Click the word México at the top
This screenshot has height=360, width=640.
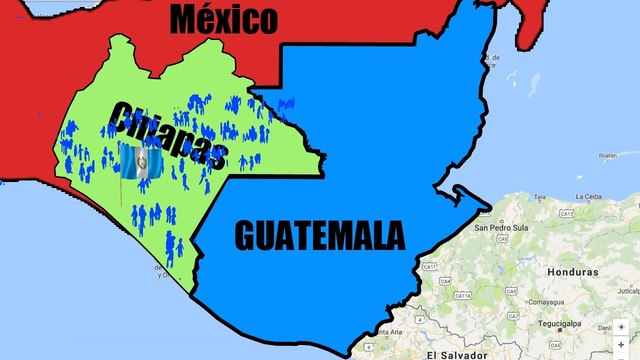[x=222, y=17]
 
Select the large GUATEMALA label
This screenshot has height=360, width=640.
[x=320, y=235]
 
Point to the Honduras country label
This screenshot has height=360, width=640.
[x=571, y=272]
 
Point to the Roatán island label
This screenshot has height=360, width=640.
[x=607, y=156]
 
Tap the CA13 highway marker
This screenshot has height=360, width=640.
[x=567, y=213]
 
